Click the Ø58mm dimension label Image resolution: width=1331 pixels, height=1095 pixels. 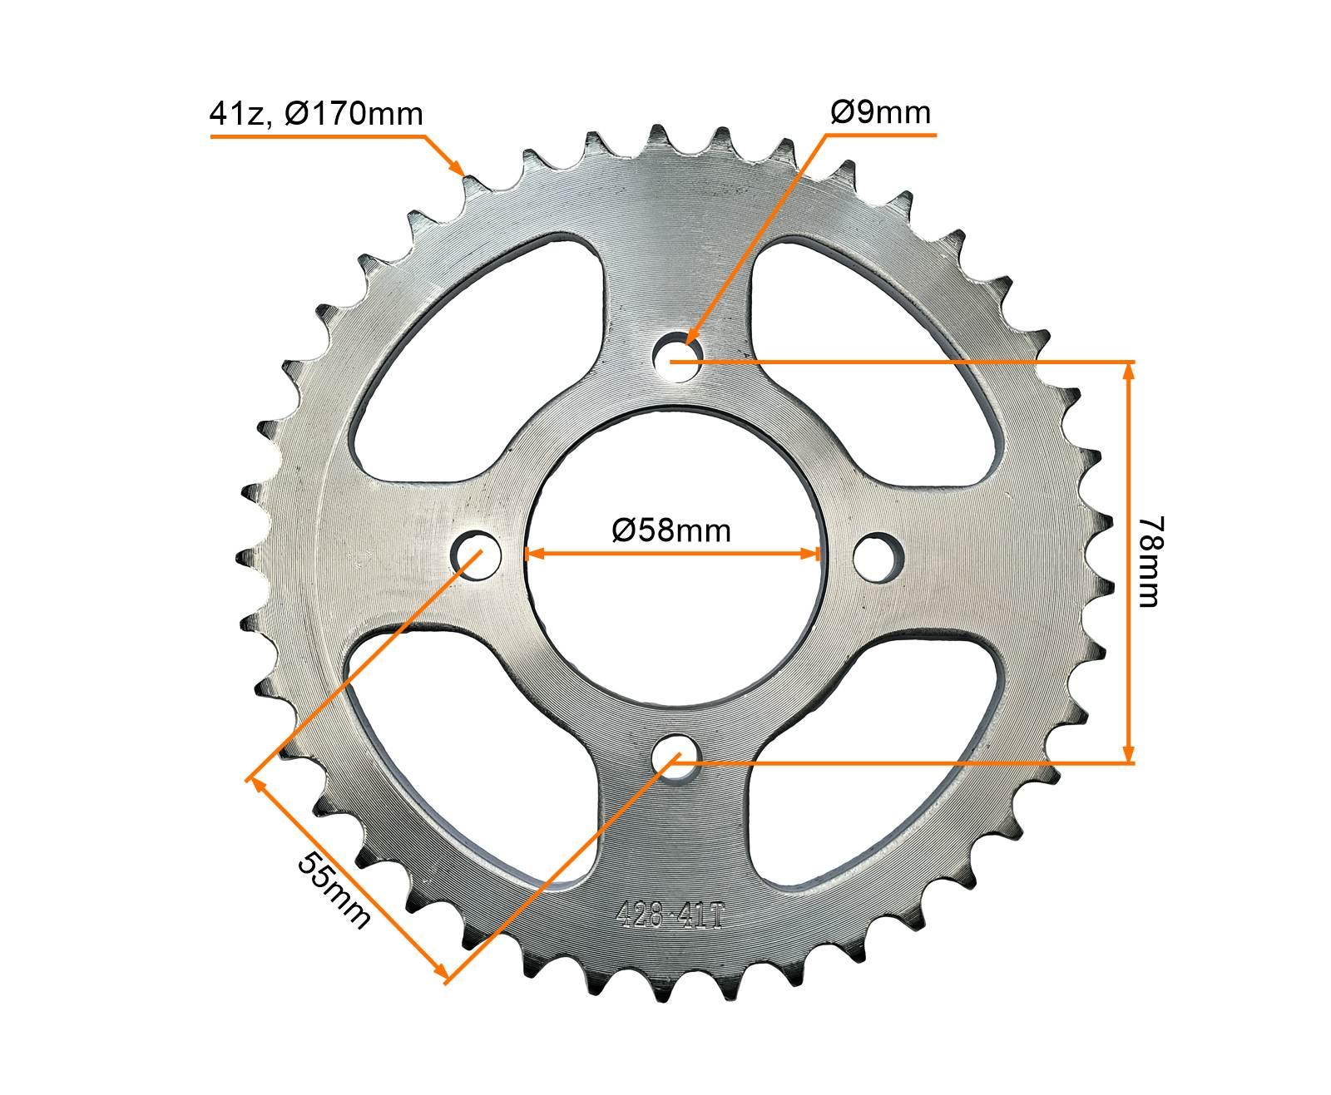pos(671,529)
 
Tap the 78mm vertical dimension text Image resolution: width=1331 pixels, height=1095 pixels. pos(1151,561)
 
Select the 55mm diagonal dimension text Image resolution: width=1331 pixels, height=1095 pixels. pos(333,890)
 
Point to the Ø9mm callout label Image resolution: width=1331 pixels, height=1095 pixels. pos(880,112)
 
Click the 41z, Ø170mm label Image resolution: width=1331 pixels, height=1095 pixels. pos(316,114)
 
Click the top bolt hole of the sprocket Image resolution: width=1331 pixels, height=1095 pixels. pos(678,358)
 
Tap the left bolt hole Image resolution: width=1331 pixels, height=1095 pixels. pos(477,553)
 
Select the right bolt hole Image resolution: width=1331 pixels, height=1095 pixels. pos(878,555)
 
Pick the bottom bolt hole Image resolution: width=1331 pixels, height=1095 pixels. pos(676,757)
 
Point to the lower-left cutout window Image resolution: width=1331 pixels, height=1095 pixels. pos(466,748)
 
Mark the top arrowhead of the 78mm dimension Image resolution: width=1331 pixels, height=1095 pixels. pos(1129,371)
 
